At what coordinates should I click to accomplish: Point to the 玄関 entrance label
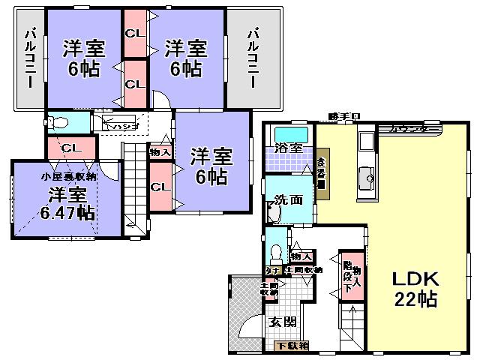click(282, 323)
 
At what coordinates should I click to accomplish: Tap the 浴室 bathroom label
click(288, 148)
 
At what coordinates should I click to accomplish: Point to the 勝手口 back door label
click(344, 116)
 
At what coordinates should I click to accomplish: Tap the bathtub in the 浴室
click(289, 130)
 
